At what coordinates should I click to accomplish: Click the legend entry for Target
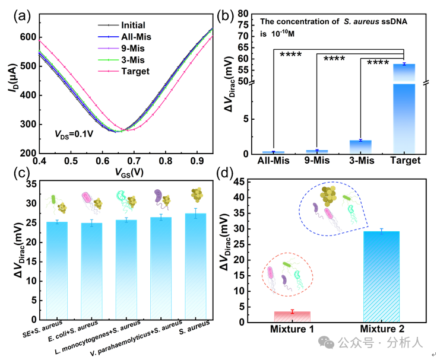(135, 71)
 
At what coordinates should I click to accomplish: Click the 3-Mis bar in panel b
(360, 147)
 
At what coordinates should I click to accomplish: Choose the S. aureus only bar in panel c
(195, 267)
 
